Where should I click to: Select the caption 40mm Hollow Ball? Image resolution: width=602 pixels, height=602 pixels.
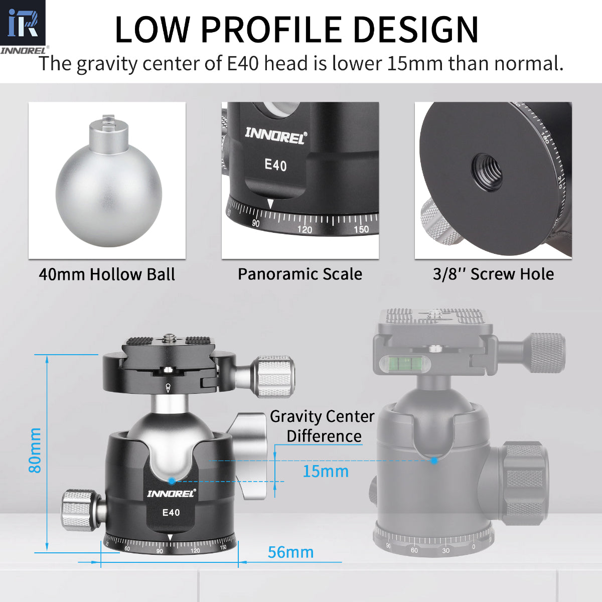(107, 274)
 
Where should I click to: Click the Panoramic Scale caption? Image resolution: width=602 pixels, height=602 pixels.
(299, 274)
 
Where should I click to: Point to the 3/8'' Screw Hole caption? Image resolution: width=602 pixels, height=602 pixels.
(493, 274)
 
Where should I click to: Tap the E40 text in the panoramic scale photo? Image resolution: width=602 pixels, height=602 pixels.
(275, 165)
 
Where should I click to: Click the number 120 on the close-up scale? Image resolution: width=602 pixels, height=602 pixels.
(305, 230)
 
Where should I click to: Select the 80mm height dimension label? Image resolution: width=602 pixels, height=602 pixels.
(35, 450)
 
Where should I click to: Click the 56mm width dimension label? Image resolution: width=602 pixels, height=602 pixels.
(290, 552)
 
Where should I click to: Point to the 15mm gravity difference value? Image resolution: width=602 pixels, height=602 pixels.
(325, 472)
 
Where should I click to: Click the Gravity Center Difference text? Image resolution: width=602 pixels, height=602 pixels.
(323, 426)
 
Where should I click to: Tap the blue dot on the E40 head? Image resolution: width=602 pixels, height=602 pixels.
(172, 481)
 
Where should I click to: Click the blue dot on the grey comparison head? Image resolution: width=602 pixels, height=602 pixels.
(434, 460)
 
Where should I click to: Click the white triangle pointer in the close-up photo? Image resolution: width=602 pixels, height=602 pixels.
(270, 204)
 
